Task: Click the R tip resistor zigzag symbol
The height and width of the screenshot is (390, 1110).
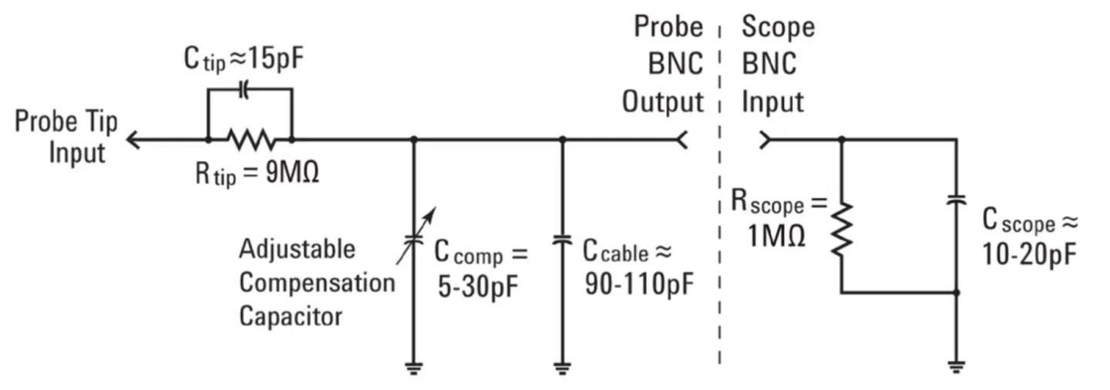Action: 251,140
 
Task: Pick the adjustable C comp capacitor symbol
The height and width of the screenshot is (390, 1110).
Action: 415,240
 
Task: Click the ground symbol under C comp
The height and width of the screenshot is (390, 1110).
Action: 415,368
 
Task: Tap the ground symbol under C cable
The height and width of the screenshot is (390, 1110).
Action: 563,368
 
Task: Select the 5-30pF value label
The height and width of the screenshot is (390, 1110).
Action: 476,285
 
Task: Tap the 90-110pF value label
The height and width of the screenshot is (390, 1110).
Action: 638,284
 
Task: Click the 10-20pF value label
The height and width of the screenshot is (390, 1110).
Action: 1030,255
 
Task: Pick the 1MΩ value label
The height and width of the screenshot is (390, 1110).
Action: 777,236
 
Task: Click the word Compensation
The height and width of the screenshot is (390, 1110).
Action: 316,283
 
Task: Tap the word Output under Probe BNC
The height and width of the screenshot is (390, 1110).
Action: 663,102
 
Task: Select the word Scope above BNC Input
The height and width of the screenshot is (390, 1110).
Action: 778,28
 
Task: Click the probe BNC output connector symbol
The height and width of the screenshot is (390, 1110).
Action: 681,140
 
